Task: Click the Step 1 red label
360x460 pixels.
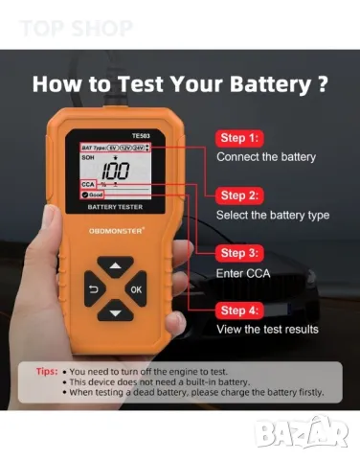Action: (244, 137)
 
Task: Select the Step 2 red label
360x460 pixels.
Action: (244, 195)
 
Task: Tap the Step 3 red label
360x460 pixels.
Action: (244, 253)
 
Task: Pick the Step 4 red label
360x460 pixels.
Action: (244, 310)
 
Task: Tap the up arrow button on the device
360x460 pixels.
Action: (116, 265)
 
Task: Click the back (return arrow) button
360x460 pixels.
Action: (93, 287)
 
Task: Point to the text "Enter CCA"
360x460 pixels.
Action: (244, 273)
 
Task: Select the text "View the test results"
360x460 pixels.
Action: (268, 330)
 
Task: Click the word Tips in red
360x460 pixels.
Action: (46, 370)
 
